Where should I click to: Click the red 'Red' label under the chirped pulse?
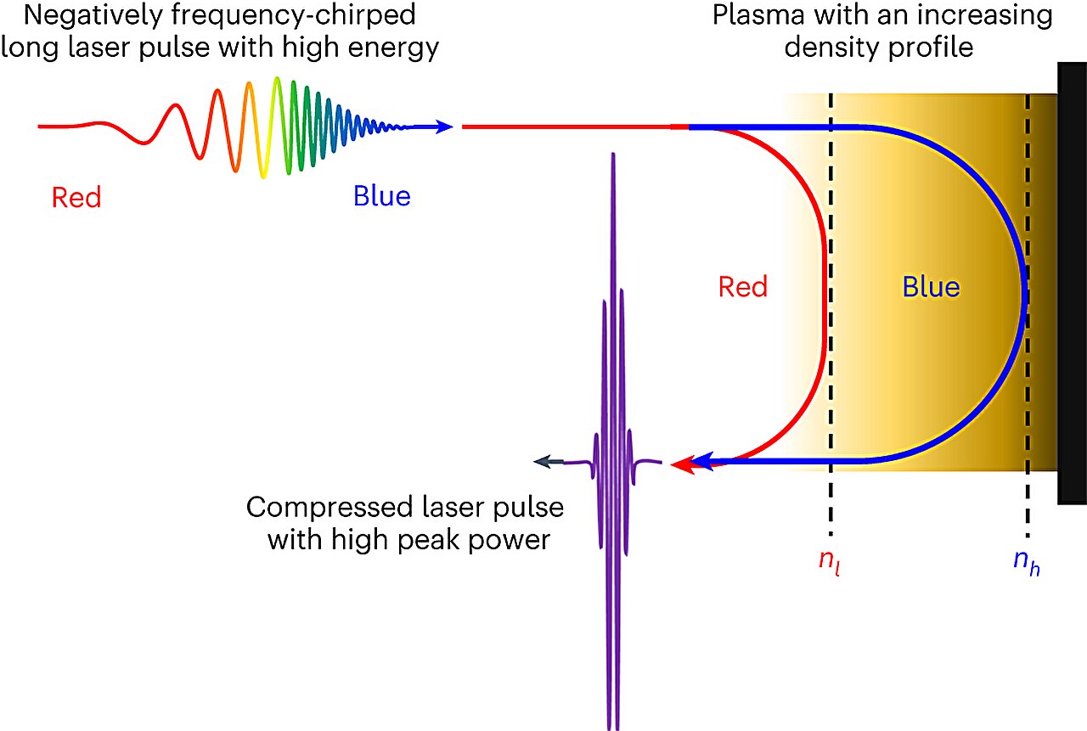76,198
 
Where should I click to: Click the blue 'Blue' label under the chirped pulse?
381,197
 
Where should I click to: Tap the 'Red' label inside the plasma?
742,287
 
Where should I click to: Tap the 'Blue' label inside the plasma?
931,287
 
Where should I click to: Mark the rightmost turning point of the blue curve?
1026,295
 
